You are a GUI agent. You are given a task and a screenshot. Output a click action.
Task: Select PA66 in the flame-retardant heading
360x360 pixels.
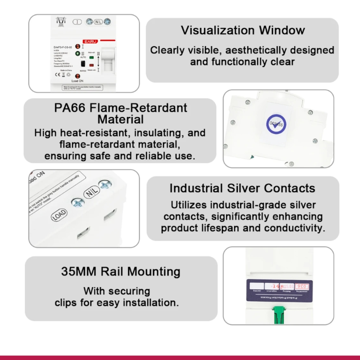pos(70,108)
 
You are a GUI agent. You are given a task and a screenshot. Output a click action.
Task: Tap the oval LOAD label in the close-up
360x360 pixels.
pos(59,216)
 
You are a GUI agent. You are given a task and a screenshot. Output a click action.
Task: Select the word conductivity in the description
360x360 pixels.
pos(293,228)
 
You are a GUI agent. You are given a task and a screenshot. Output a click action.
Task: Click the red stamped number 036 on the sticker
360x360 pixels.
pos(302,287)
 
